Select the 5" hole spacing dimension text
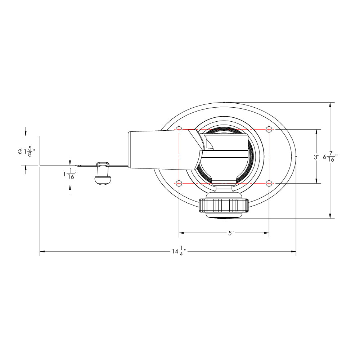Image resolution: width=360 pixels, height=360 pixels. pyautogui.click(x=231, y=233)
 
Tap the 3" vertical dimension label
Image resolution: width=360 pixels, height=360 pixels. pyautogui.click(x=316, y=157)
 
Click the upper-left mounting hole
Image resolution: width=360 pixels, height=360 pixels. pyautogui.click(x=179, y=129)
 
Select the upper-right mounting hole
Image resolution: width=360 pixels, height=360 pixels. pyautogui.click(x=269, y=129)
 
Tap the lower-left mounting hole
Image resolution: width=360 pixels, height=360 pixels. pyautogui.click(x=179, y=183)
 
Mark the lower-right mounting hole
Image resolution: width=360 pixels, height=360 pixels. pyautogui.click(x=269, y=183)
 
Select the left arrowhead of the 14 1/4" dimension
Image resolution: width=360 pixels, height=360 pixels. pyautogui.click(x=42, y=251)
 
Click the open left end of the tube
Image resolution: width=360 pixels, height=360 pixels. pyautogui.click(x=40, y=151)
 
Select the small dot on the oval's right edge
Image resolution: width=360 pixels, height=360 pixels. pyautogui.click(x=296, y=157)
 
